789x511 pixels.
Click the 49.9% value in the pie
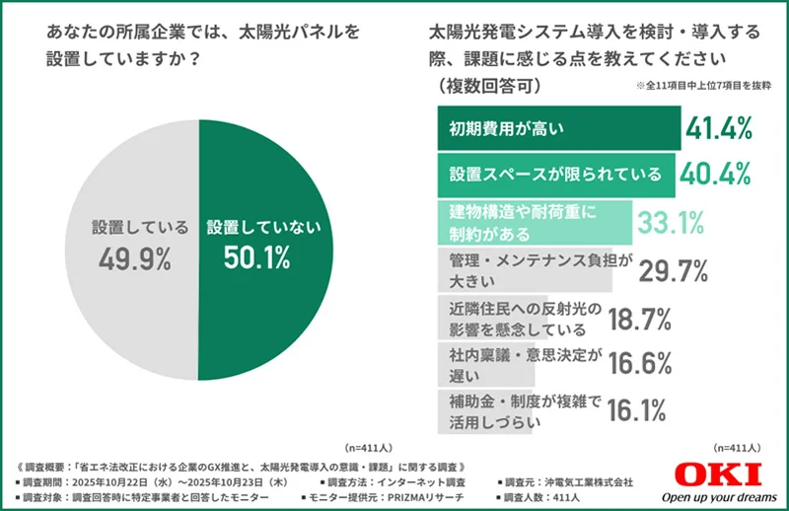coord(134,258)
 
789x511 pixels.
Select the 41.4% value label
coord(720,127)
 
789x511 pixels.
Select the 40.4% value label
coord(715,174)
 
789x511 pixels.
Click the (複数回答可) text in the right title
coord(483,87)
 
